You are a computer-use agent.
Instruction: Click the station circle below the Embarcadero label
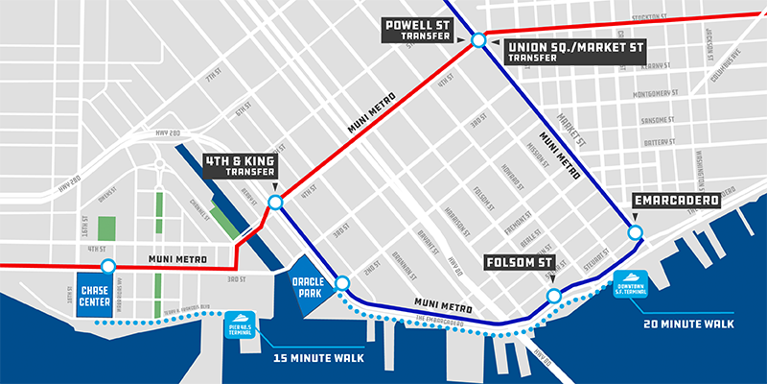point(634,232)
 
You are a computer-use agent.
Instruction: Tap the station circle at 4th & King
point(275,203)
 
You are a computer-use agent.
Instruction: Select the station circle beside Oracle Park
point(342,282)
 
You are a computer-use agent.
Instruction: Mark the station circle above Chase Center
point(107,267)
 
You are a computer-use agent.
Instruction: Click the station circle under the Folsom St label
point(553,295)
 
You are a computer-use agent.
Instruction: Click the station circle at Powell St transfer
point(476,40)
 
